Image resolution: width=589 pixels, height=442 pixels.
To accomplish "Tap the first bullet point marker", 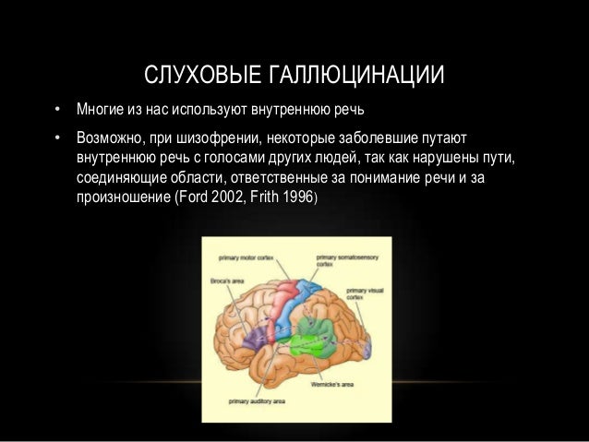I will click(56, 113).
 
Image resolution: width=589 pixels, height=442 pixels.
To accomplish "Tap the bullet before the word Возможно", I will click(56, 138).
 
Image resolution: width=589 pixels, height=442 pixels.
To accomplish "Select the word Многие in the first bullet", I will click(100, 113).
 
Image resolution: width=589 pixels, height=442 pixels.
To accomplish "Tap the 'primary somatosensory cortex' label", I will click(340, 259).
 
